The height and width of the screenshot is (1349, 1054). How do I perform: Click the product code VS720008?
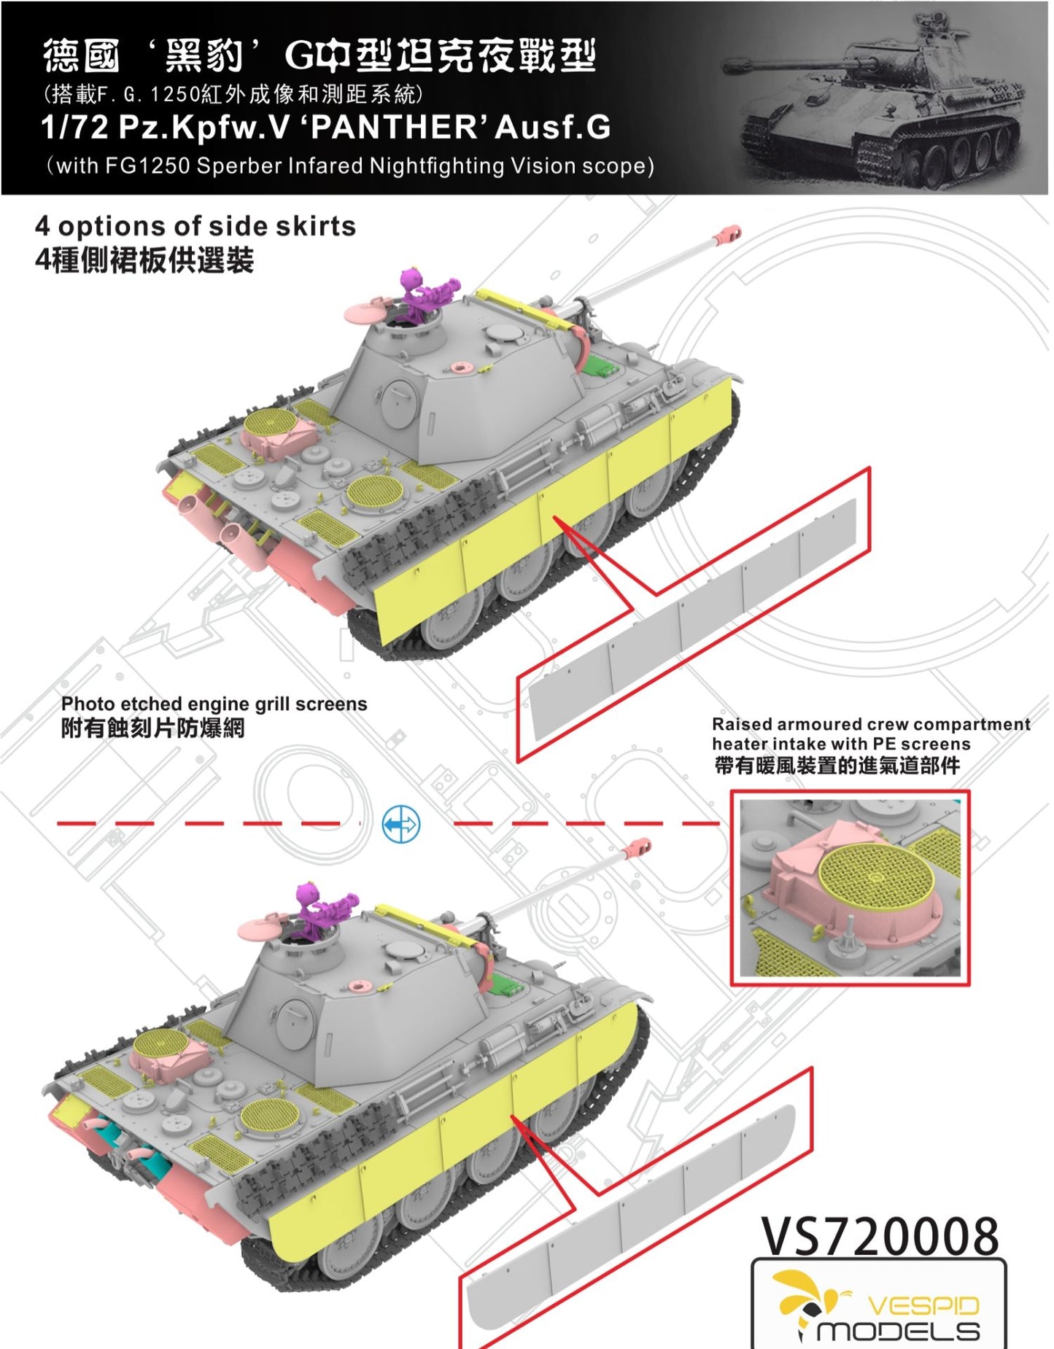pos(880,1237)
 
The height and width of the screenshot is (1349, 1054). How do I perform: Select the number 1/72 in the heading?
pos(74,127)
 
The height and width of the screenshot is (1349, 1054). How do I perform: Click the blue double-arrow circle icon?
pos(401,825)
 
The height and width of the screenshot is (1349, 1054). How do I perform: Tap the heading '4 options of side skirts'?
pos(195,227)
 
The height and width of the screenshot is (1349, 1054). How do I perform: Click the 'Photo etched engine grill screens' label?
pos(214,704)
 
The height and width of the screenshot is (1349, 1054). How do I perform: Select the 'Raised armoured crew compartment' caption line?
pos(871,724)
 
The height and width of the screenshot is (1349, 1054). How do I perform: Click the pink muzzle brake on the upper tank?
pos(727,234)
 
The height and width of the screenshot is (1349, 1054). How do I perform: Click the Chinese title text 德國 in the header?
pos(81,56)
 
